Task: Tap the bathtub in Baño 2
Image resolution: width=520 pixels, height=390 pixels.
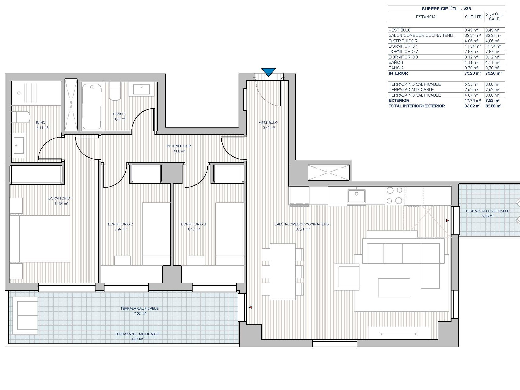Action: click(x=92, y=106)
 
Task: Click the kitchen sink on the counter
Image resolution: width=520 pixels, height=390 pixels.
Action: click(x=357, y=196)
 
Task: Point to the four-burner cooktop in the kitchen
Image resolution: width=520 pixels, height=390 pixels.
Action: click(x=394, y=196)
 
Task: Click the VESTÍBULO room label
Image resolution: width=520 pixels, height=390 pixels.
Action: click(x=268, y=123)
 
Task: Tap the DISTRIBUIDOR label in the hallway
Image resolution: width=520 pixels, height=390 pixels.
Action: click(x=179, y=146)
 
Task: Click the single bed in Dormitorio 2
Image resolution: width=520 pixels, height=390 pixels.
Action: click(x=156, y=234)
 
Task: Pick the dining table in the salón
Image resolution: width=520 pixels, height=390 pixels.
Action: click(x=282, y=272)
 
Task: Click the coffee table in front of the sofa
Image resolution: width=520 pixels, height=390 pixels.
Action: click(x=394, y=288)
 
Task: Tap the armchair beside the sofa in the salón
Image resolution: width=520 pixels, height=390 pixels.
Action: click(x=347, y=277)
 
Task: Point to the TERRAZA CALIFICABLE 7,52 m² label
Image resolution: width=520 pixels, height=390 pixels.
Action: click(x=139, y=311)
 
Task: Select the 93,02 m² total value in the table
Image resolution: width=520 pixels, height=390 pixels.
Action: click(x=472, y=106)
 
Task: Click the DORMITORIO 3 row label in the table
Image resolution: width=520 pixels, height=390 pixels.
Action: click(x=403, y=57)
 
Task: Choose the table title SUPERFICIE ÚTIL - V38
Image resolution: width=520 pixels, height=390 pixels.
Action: click(x=446, y=9)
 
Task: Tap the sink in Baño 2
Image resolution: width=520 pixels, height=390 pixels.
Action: click(x=142, y=89)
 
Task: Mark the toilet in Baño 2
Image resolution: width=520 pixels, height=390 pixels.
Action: click(x=115, y=92)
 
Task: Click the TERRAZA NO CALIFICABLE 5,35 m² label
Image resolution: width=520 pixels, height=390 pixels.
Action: click(x=487, y=214)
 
